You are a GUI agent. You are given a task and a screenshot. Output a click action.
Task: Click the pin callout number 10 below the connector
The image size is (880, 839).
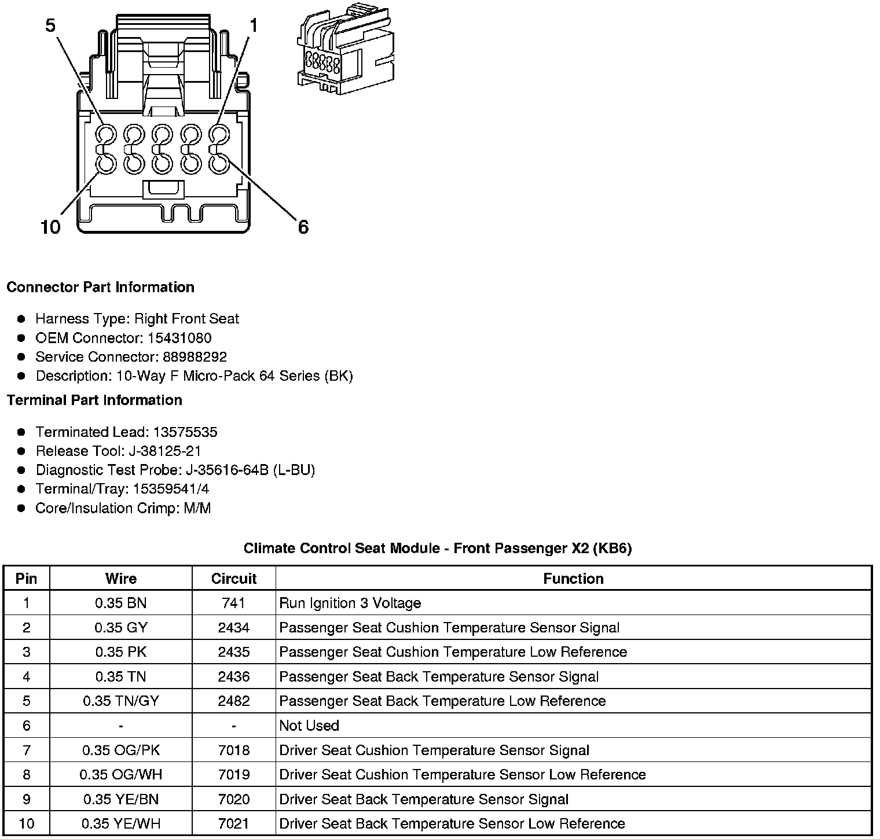pyautogui.click(x=50, y=227)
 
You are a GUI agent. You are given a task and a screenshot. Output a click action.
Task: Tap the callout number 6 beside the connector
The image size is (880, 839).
pyautogui.click(x=303, y=227)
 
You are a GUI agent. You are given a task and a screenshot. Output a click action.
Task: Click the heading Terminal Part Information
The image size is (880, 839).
pyautogui.click(x=94, y=400)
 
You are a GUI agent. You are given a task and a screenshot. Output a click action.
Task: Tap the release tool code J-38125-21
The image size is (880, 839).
pyautogui.click(x=165, y=451)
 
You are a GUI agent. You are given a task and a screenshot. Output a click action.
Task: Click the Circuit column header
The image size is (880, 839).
pyautogui.click(x=233, y=579)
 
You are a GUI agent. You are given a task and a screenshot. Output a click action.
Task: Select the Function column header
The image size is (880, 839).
pyautogui.click(x=573, y=579)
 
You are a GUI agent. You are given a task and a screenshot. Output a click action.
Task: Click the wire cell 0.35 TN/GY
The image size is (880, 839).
pyautogui.click(x=120, y=701)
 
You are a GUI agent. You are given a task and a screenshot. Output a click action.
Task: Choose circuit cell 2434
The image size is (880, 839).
pyautogui.click(x=233, y=628)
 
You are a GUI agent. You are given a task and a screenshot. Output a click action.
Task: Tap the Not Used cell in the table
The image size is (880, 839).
pyautogui.click(x=309, y=726)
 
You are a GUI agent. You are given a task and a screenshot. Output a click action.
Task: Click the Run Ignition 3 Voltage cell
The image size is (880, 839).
pyautogui.click(x=350, y=604)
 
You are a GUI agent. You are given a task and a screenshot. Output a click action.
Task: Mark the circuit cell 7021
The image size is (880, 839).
pyautogui.click(x=233, y=823)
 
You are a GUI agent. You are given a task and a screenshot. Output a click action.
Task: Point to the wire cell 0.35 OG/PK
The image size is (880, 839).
pyautogui.click(x=120, y=750)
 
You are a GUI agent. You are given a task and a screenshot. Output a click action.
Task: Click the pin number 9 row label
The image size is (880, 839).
pyautogui.click(x=26, y=799)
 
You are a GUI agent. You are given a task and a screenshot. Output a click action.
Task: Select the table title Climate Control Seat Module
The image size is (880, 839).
pyautogui.click(x=437, y=549)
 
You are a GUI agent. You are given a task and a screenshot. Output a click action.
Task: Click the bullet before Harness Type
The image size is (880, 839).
pyautogui.click(x=21, y=319)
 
